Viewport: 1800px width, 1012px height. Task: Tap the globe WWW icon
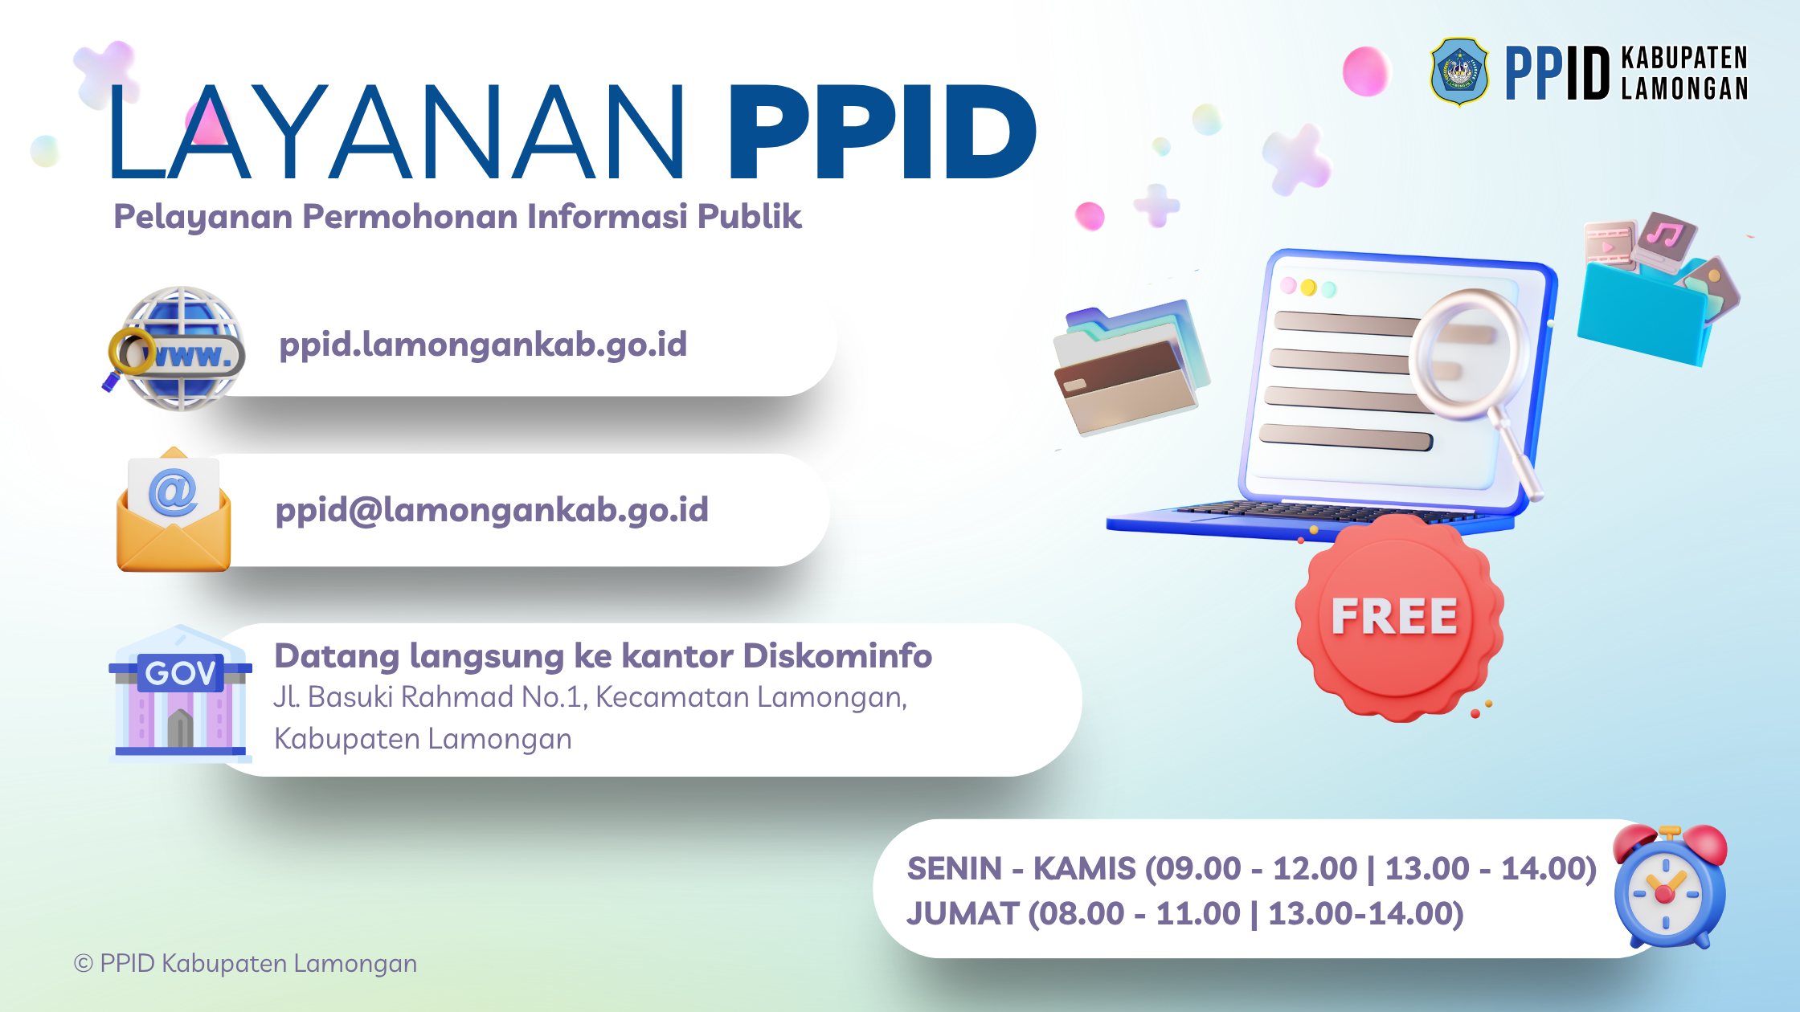pos(176,349)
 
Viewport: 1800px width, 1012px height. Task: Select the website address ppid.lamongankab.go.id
pos(483,345)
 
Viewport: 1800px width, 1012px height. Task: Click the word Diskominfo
pos(837,655)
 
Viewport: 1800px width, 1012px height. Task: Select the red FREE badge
pos(1399,617)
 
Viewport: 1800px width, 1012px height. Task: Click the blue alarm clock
pos(1670,887)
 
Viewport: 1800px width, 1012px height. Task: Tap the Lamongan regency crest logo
pos(1459,71)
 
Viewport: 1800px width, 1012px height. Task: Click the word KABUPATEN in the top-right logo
pos(1684,58)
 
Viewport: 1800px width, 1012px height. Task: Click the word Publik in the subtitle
pos(749,217)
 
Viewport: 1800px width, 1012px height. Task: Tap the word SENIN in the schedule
pos(955,869)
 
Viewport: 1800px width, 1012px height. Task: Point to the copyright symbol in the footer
pos(84,964)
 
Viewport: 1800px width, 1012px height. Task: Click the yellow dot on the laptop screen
pos(1308,288)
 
